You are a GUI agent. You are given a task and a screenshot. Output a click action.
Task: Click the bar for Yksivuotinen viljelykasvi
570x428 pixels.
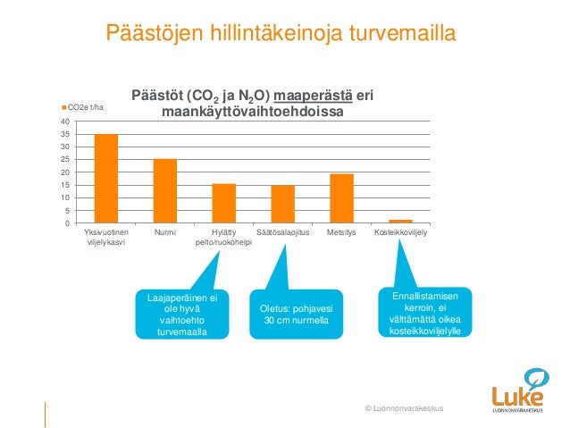[106, 179]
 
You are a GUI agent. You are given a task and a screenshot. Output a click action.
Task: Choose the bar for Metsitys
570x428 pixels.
[341, 198]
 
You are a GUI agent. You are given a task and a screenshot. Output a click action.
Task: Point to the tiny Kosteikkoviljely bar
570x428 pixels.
[400, 221]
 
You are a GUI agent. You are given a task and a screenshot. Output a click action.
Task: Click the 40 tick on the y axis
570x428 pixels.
[65, 121]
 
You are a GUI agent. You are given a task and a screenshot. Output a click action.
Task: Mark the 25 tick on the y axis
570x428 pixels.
[65, 159]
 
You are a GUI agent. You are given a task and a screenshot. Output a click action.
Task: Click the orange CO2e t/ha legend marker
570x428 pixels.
[63, 107]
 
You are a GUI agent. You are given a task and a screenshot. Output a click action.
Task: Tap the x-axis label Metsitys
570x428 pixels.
[341, 233]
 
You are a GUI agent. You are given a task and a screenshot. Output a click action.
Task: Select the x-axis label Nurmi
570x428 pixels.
[164, 233]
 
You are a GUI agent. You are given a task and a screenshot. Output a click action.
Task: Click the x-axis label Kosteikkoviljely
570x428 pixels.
[400, 233]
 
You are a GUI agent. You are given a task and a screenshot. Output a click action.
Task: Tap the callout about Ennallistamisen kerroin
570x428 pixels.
[425, 313]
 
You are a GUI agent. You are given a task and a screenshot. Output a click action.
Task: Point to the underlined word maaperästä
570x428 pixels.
[314, 97]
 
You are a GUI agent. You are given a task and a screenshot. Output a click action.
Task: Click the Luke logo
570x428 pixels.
[520, 390]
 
